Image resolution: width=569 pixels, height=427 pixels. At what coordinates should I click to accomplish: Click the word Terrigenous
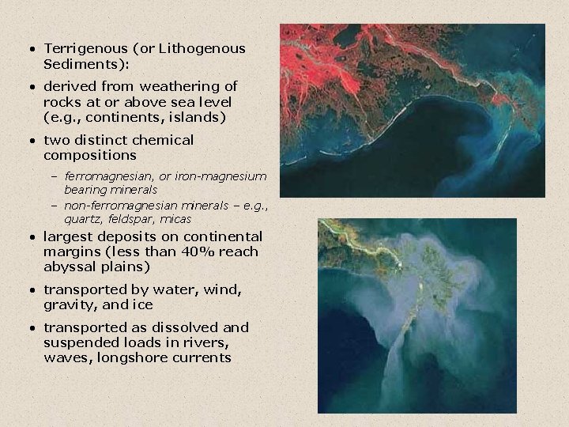click(x=81, y=49)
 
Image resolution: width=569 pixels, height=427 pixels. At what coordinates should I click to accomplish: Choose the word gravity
click(x=70, y=305)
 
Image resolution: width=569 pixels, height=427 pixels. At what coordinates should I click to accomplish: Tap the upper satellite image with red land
click(x=412, y=110)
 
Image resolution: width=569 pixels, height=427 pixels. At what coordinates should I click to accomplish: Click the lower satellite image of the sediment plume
click(x=416, y=316)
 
